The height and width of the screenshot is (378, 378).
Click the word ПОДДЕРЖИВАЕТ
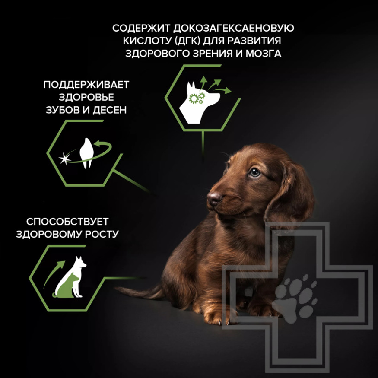pyautogui.click(x=86, y=84)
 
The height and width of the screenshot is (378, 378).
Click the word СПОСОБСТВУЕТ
pyautogui.click(x=67, y=222)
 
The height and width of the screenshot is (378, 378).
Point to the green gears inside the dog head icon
pyautogui.click(x=197, y=99)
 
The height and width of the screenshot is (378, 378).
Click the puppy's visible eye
pyautogui.click(x=255, y=172)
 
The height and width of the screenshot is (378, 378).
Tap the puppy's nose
pyautogui.click(x=214, y=198)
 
